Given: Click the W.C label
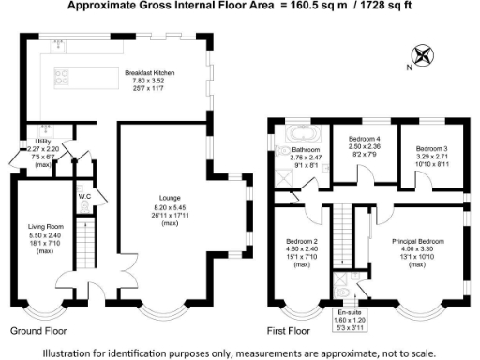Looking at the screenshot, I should pyautogui.click(x=83, y=196).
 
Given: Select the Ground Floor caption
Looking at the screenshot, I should pyautogui.click(x=38, y=331).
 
